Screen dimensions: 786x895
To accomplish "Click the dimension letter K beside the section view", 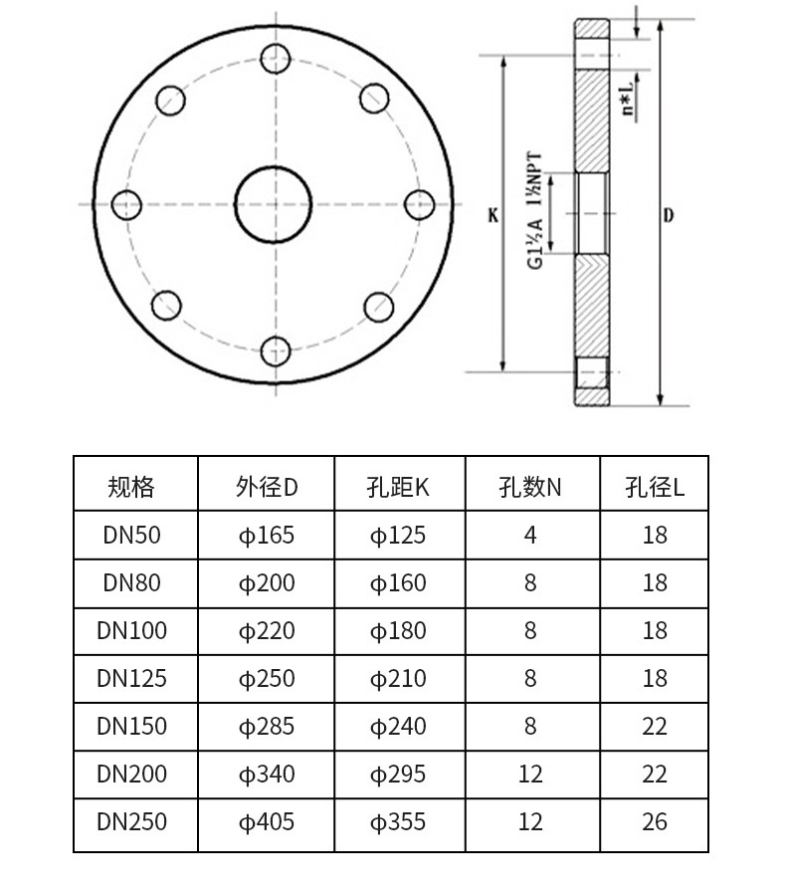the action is click(x=492, y=215).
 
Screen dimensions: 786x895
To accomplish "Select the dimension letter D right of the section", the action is click(x=668, y=215).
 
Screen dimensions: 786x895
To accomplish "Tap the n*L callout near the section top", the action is click(x=628, y=100).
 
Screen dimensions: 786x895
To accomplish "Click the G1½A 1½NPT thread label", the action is click(x=534, y=210).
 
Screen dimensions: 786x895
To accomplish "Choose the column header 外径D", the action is click(x=267, y=488).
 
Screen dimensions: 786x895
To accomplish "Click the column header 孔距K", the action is click(x=398, y=488).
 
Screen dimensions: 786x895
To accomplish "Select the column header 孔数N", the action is click(x=530, y=488).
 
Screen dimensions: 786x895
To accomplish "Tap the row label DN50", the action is click(x=131, y=536).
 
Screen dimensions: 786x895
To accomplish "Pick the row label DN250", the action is click(x=131, y=822).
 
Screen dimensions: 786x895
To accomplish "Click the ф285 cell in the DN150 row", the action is click(x=267, y=727).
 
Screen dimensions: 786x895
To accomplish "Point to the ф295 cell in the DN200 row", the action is click(x=398, y=775).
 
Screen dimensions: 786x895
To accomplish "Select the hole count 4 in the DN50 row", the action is click(x=530, y=536).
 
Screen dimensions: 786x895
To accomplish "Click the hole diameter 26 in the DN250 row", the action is click(x=655, y=822).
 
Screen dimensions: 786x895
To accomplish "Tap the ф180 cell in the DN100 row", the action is click(x=398, y=631).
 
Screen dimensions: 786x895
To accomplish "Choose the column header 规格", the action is click(x=131, y=488).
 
